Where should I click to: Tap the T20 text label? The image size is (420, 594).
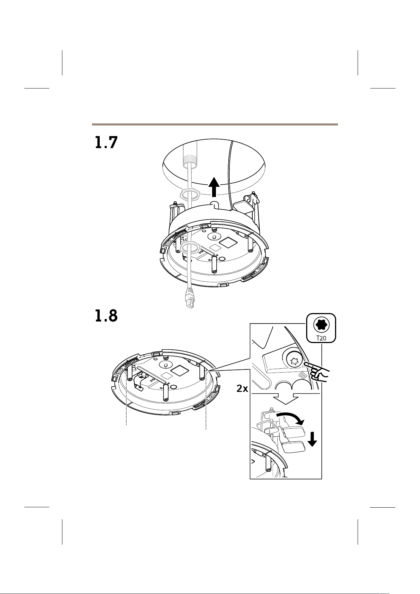coord(321,338)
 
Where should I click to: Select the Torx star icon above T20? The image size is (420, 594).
coord(321,325)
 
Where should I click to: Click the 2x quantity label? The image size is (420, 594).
coord(242,389)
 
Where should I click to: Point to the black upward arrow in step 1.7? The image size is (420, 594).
coord(214,187)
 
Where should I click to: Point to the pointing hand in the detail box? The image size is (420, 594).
coord(317,372)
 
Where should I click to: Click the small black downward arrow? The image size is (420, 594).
coord(313,439)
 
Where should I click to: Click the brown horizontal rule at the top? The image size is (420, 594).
coord(215,124)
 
